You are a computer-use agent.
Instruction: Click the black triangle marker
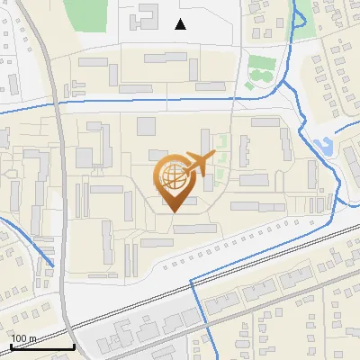181,24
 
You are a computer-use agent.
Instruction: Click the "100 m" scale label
24,338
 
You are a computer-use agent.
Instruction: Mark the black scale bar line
42,346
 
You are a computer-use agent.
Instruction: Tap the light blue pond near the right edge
323,142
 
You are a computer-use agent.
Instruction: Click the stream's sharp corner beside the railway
192,281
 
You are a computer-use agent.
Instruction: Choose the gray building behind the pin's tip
173,202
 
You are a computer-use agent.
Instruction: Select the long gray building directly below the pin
194,229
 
